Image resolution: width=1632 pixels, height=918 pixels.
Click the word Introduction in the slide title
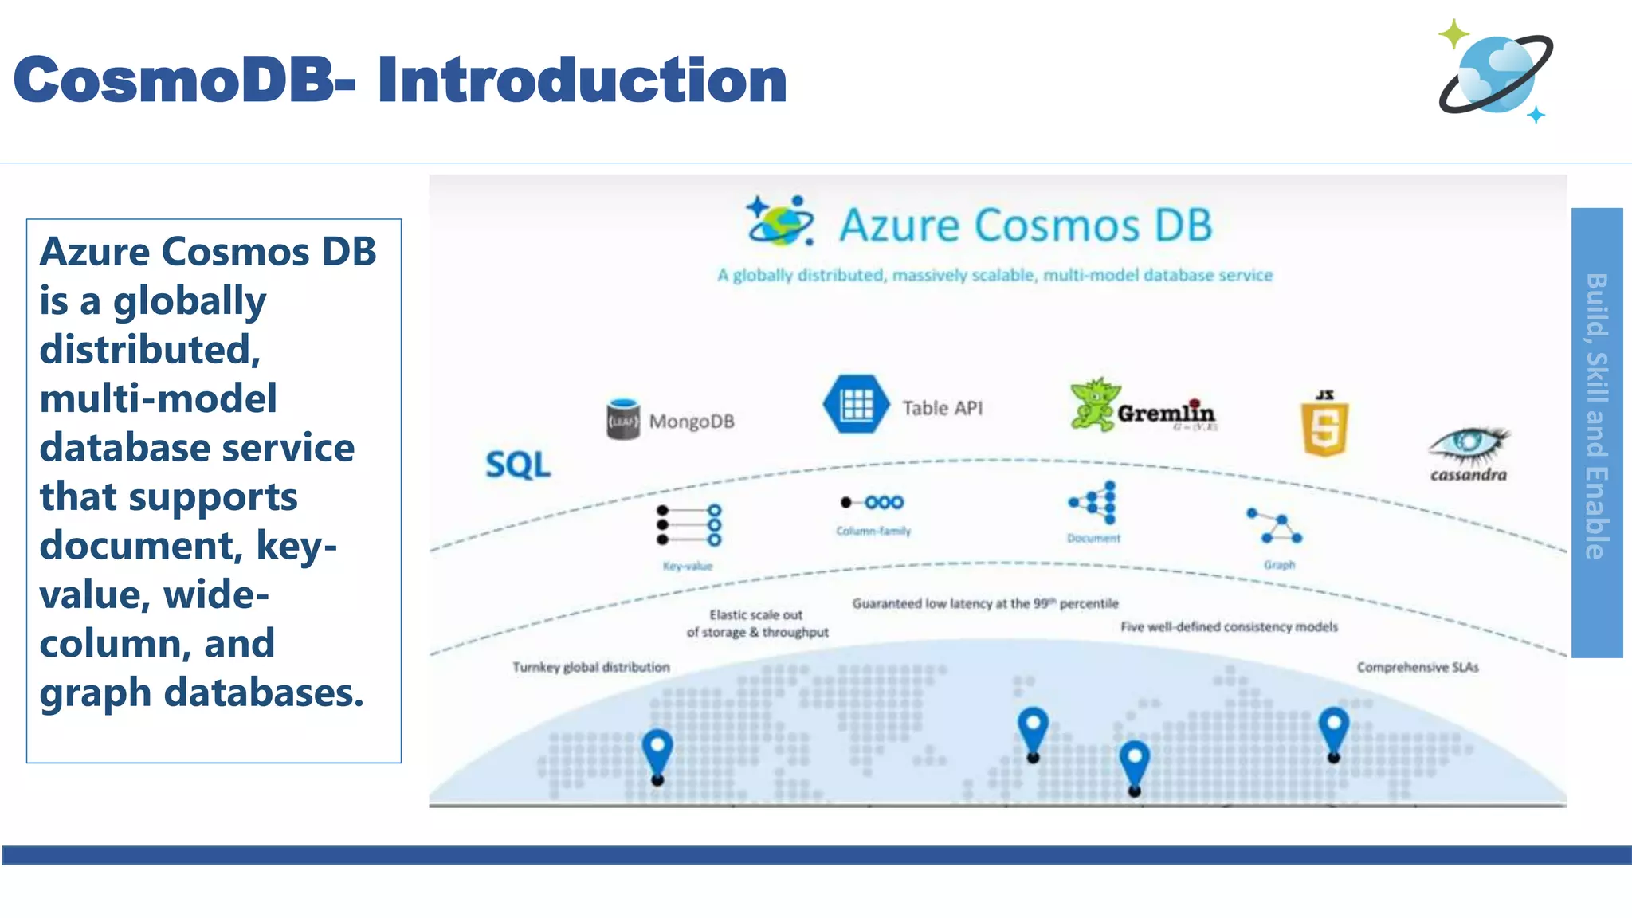click(x=582, y=80)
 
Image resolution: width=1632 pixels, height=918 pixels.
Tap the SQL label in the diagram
click(x=518, y=465)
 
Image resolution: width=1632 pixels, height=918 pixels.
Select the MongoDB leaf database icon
click(x=623, y=419)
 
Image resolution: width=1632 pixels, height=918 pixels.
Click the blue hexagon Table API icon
click(x=856, y=405)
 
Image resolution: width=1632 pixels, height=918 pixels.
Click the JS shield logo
click(x=1324, y=424)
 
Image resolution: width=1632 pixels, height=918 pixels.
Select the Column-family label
click(x=873, y=531)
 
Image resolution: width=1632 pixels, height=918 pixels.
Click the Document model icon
click(x=1094, y=503)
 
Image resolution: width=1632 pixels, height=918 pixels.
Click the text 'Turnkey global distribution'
click(x=590, y=667)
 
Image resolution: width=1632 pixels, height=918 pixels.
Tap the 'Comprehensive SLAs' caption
click(x=1417, y=667)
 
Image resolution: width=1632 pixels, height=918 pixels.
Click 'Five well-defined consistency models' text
click(x=1229, y=627)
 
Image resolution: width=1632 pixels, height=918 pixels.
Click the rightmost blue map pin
click(x=1333, y=728)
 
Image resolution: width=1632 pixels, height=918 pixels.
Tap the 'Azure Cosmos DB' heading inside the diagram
click(x=1025, y=226)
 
